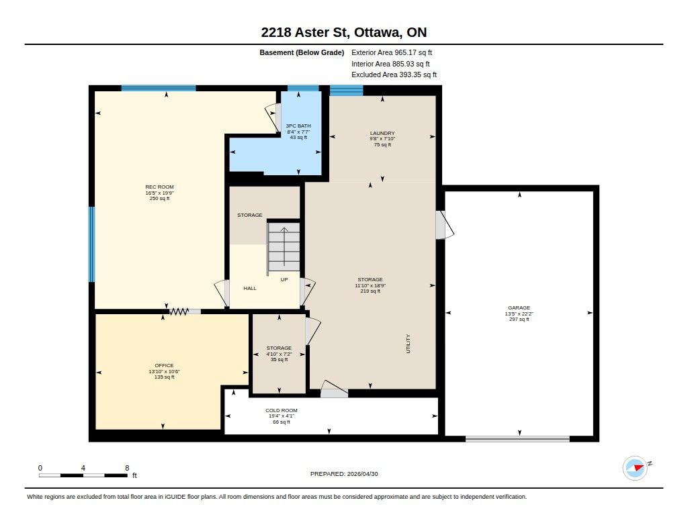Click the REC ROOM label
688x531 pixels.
pyautogui.click(x=159, y=187)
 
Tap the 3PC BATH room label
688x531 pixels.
pyautogui.click(x=298, y=126)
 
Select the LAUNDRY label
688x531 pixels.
pyautogui.click(x=382, y=134)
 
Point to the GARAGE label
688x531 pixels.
pyautogui.click(x=519, y=308)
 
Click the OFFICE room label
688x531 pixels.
pyautogui.click(x=164, y=366)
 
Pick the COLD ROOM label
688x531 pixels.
pyautogui.click(x=282, y=411)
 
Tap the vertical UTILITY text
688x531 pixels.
pyautogui.click(x=408, y=344)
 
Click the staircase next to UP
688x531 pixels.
pyautogui.click(x=284, y=246)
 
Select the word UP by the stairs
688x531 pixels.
pyautogui.click(x=284, y=280)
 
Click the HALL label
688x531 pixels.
pyautogui.click(x=250, y=289)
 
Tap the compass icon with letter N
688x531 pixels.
pyautogui.click(x=636, y=468)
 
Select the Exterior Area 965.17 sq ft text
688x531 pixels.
pyautogui.click(x=392, y=52)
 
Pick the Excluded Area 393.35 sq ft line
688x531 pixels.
pyautogui.click(x=394, y=75)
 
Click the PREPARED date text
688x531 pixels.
pyautogui.click(x=344, y=474)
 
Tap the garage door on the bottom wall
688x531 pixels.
pyautogui.click(x=518, y=439)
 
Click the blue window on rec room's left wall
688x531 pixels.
pyautogui.click(x=91, y=244)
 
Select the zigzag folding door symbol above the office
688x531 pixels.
pyautogui.click(x=179, y=311)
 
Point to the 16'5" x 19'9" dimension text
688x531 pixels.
pyautogui.click(x=160, y=193)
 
